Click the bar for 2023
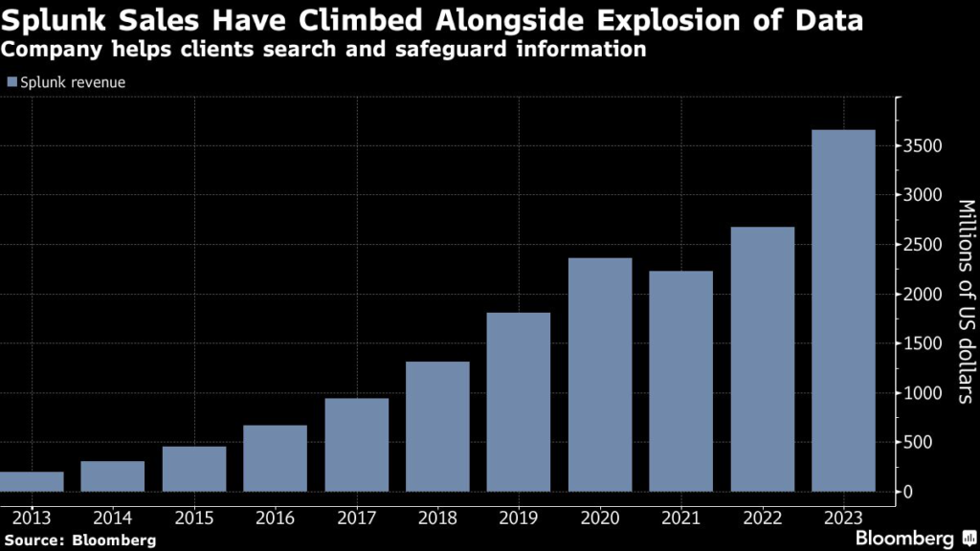(843, 311)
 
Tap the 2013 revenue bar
(33, 481)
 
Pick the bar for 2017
(357, 445)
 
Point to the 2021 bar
(680, 382)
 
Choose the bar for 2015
(194, 469)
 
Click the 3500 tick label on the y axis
(923, 146)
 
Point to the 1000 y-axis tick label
(923, 393)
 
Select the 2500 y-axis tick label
(923, 245)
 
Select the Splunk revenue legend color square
(11, 82)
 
